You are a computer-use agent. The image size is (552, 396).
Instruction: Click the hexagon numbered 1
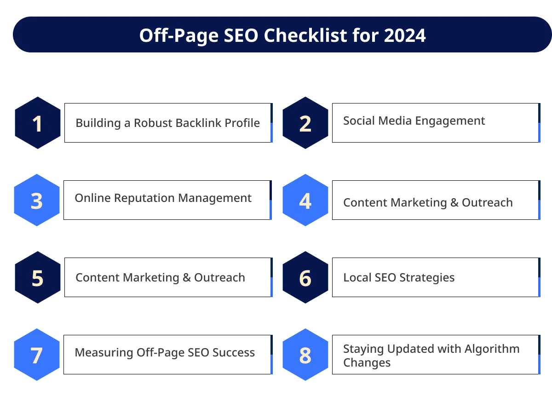pos(38,123)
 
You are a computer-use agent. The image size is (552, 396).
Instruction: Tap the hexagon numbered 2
pos(305,123)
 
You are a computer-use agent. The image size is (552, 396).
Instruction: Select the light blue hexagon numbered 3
pos(37,200)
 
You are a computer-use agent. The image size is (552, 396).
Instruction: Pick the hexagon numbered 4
pos(305,200)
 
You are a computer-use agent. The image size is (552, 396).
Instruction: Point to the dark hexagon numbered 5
pos(38,277)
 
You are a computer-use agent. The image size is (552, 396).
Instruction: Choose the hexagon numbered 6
pos(305,277)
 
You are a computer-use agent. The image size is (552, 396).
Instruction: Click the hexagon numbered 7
pos(37,355)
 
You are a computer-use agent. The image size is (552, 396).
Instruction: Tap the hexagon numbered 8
pos(305,355)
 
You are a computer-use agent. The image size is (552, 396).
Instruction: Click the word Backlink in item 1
pos(196,123)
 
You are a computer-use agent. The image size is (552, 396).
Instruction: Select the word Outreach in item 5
pos(219,278)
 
